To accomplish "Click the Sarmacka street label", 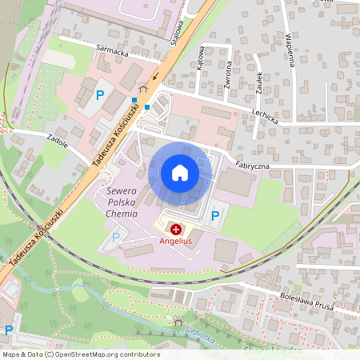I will click(x=113, y=53).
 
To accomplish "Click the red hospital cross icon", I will click(x=175, y=230).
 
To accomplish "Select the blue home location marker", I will click(x=179, y=173).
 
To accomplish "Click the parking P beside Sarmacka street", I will click(x=100, y=95).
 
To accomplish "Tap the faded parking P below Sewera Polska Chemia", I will click(x=116, y=237).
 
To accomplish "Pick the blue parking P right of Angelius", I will click(x=214, y=216).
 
